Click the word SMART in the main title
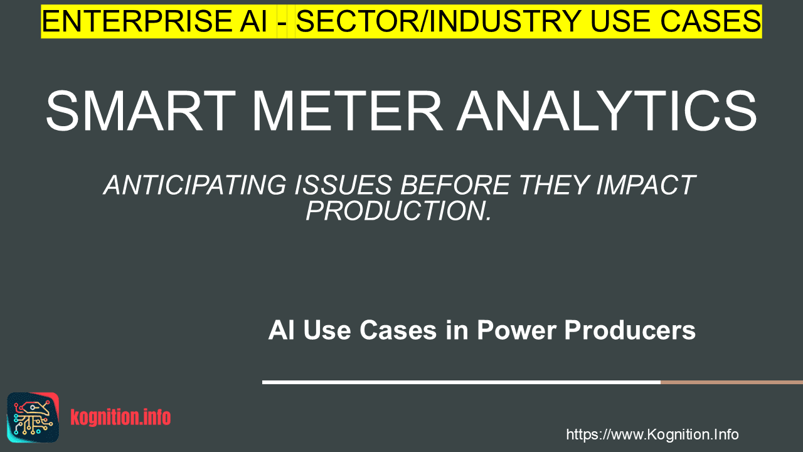(141, 111)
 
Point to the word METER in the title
(347, 111)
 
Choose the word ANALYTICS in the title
(607, 111)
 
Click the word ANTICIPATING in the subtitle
(195, 185)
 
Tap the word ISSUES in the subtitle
(343, 185)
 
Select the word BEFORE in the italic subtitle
(455, 185)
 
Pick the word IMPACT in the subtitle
(646, 185)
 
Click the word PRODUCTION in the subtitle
(395, 210)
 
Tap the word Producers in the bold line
(630, 330)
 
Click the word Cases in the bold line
(398, 330)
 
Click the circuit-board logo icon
(33, 417)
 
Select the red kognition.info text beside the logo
(121, 417)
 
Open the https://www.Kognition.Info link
(652, 434)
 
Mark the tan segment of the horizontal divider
(731, 382)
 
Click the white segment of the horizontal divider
(461, 382)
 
